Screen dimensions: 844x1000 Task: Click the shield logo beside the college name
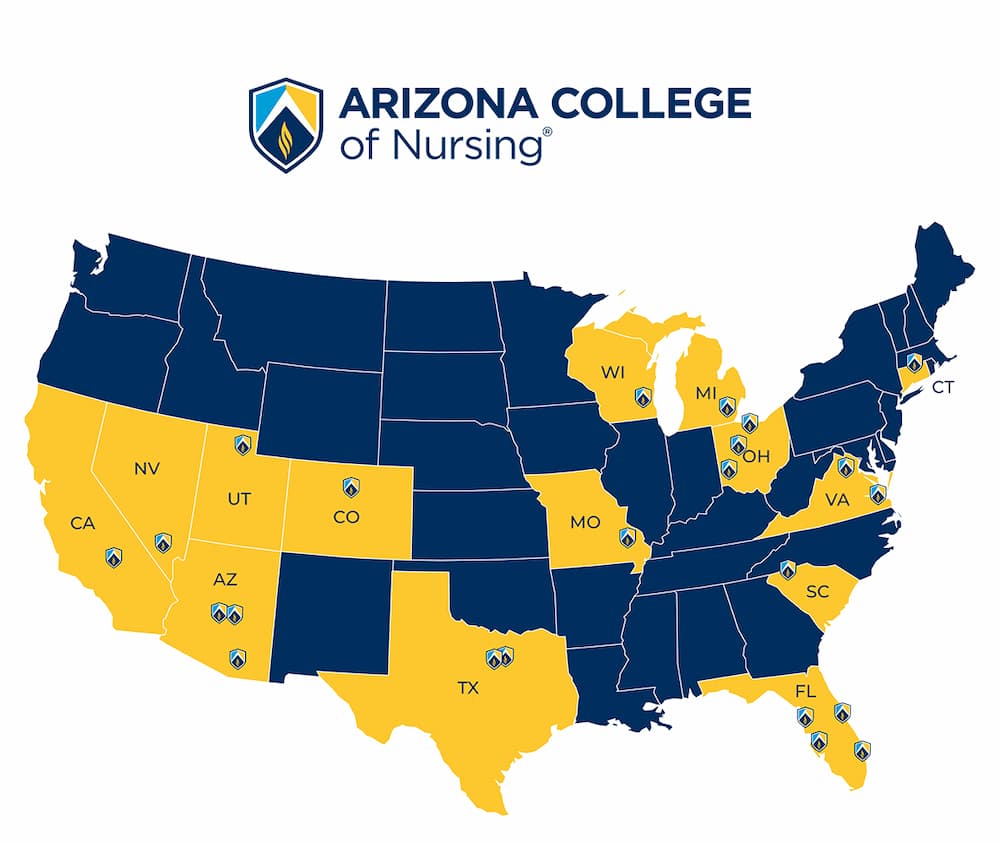pyautogui.click(x=286, y=124)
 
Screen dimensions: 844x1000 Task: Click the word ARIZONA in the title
pyautogui.click(x=434, y=104)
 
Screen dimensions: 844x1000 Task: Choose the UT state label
pyautogui.click(x=237, y=497)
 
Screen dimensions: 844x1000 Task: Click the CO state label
pyautogui.click(x=346, y=517)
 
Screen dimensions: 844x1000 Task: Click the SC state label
pyautogui.click(x=817, y=591)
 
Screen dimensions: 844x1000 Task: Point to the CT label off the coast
pyautogui.click(x=943, y=386)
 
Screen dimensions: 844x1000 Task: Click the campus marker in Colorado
pyautogui.click(x=350, y=487)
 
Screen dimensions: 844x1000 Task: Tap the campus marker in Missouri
pyautogui.click(x=627, y=538)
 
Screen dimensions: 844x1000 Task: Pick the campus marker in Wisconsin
pyautogui.click(x=643, y=397)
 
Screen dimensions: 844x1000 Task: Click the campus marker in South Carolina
pyautogui.click(x=787, y=569)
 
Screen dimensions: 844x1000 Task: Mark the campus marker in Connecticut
pyautogui.click(x=913, y=362)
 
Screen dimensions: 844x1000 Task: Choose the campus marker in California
pyautogui.click(x=113, y=557)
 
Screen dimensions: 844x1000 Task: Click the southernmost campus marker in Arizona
pyautogui.click(x=237, y=658)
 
